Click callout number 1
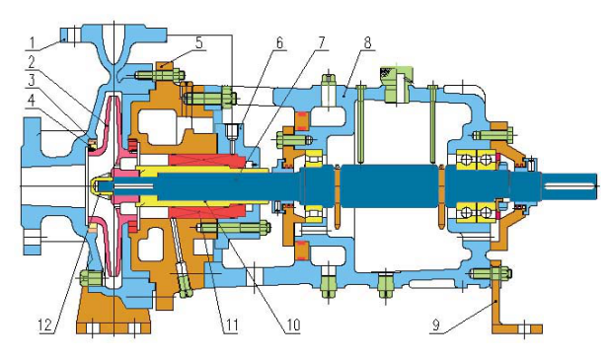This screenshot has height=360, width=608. point(33,43)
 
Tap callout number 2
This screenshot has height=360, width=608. point(32,62)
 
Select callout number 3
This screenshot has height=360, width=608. point(32,80)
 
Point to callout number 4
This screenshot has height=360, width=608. point(32,100)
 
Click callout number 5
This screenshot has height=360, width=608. point(199,42)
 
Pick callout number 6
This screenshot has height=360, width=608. point(280,43)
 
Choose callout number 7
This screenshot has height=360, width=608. point(321,43)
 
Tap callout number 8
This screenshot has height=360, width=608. point(367,43)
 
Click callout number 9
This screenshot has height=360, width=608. point(436,324)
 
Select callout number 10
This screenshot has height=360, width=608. point(293,324)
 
